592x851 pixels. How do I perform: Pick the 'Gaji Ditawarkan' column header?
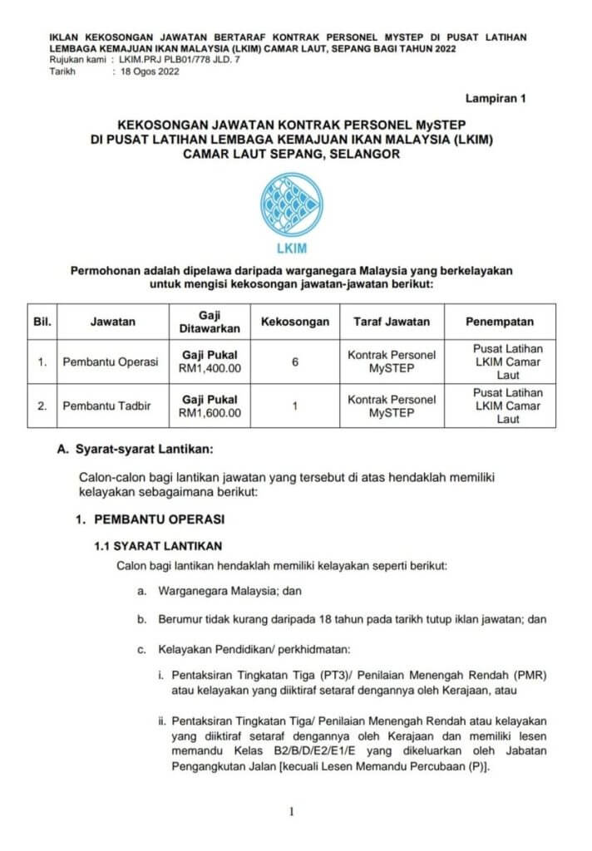tap(210, 322)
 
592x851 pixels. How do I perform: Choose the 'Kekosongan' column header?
tap(295, 322)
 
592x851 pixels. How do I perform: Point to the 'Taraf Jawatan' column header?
tap(392, 322)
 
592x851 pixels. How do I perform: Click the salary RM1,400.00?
tap(210, 369)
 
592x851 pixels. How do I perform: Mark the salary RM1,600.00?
tap(210, 412)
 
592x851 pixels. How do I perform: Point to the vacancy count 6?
tap(295, 362)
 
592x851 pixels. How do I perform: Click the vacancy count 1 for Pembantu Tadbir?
tap(295, 406)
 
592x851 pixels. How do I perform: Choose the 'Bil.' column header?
tap(42, 322)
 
